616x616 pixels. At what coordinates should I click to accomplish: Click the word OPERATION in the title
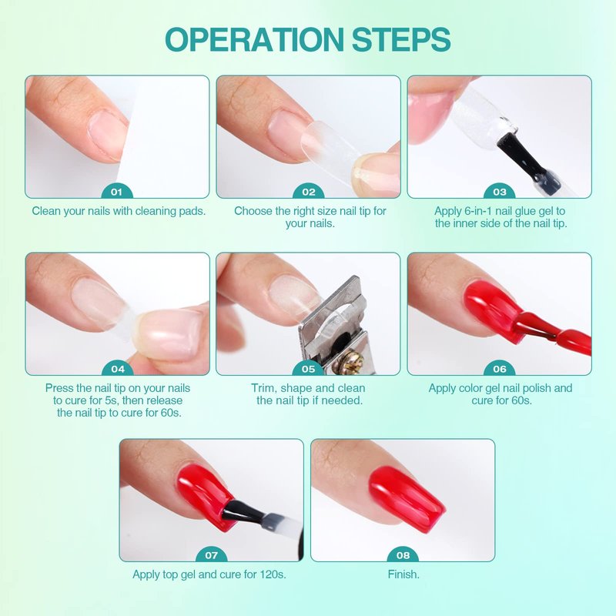[x=255, y=39]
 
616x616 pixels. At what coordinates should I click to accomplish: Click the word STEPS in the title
[x=401, y=39]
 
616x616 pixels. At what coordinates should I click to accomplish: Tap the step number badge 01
[x=117, y=192]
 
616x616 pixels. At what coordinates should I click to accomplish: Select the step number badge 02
[x=309, y=192]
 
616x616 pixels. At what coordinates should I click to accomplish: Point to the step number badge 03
[x=499, y=192]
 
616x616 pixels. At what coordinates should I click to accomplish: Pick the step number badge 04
[x=118, y=369]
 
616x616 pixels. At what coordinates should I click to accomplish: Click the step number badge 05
[x=309, y=369]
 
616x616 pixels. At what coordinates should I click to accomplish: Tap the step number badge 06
[x=499, y=369]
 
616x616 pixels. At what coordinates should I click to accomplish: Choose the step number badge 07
[x=211, y=555]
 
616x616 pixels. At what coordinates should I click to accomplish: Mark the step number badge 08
[x=403, y=555]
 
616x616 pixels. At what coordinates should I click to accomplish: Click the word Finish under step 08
[x=403, y=574]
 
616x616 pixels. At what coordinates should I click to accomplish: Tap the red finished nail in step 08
[x=407, y=498]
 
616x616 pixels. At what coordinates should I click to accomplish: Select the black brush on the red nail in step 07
[x=240, y=511]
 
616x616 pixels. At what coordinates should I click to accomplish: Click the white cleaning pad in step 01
[x=165, y=138]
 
